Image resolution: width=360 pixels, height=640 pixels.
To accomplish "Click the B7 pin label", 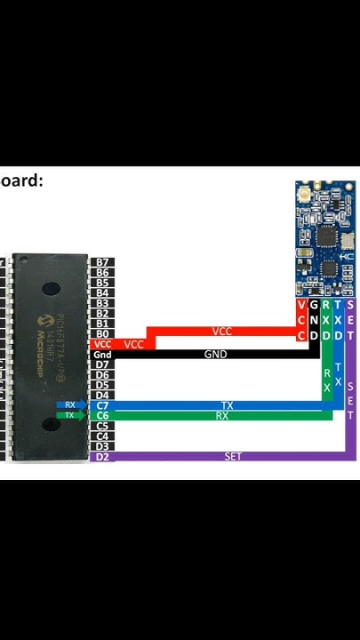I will pyautogui.click(x=102, y=262).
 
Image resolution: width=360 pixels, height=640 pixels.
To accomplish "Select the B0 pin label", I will pyautogui.click(x=102, y=333).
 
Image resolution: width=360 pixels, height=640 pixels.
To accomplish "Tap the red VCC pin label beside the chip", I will pyautogui.click(x=102, y=344).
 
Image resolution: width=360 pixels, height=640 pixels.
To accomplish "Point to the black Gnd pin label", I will pyautogui.click(x=102, y=355).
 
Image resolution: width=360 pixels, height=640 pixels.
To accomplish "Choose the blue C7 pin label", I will pyautogui.click(x=102, y=405).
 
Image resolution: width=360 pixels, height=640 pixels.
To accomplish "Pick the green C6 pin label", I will pyautogui.click(x=102, y=415).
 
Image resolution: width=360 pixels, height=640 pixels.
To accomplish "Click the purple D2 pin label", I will pyautogui.click(x=102, y=456).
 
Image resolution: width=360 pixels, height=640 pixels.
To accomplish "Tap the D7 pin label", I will pyautogui.click(x=102, y=364).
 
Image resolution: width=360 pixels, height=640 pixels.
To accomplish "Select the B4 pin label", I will pyautogui.click(x=102, y=292).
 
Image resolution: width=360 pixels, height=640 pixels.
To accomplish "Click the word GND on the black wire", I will pyautogui.click(x=215, y=354).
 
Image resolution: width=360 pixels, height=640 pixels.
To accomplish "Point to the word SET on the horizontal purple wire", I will pyautogui.click(x=233, y=456).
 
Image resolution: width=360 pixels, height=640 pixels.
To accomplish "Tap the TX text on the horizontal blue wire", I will pyautogui.click(x=227, y=405).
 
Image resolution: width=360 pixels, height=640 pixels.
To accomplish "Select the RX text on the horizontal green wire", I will pyautogui.click(x=221, y=415).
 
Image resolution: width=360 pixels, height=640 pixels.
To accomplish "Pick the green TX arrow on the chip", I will pyautogui.click(x=71, y=415).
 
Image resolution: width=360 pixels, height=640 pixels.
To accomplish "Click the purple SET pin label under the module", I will pyautogui.click(x=350, y=320).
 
